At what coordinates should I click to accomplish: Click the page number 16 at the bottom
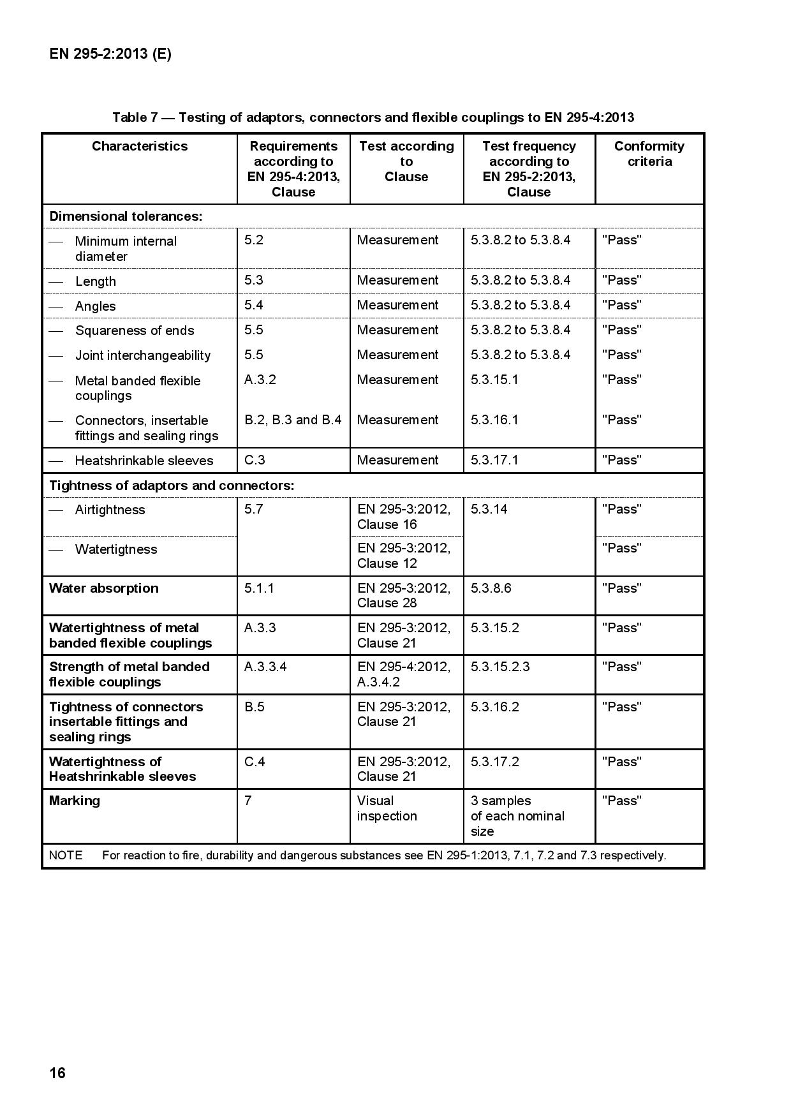click(57, 1073)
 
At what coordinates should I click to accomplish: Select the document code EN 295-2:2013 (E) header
click(110, 54)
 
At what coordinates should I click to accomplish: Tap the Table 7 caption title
click(373, 117)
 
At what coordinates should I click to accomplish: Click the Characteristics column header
click(140, 146)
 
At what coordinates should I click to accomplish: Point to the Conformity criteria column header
click(649, 154)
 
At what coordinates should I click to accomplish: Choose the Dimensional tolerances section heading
click(126, 216)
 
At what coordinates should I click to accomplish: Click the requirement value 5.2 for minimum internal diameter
click(254, 240)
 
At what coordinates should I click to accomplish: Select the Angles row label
click(96, 306)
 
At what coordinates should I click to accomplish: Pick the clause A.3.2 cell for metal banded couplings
click(260, 380)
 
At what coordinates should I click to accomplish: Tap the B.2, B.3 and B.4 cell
click(293, 420)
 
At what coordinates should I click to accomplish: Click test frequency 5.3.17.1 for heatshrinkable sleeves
click(494, 460)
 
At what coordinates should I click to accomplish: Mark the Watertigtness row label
click(115, 549)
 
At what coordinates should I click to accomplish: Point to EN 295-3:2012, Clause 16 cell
click(404, 517)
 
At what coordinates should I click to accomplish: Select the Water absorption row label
click(104, 588)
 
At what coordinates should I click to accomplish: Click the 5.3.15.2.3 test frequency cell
click(500, 667)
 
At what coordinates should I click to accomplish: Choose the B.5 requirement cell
click(255, 707)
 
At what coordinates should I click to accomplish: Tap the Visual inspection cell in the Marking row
click(387, 808)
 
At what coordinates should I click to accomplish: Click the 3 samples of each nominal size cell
click(517, 816)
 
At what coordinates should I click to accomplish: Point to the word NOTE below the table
click(66, 856)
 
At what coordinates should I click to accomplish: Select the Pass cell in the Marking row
click(622, 801)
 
